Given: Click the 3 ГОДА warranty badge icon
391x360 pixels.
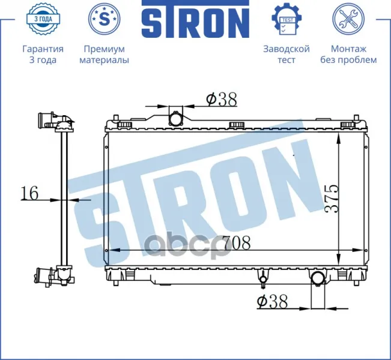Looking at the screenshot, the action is (43, 19).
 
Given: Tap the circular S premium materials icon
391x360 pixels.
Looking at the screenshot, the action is (105, 19).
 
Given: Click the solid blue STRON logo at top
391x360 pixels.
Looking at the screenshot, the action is (195, 19).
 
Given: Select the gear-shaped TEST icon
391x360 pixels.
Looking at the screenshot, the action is (286, 19).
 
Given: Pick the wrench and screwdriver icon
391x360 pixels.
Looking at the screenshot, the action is (348, 19).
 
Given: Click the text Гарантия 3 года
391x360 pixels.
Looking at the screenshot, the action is (43, 55).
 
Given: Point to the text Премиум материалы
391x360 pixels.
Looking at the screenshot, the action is (105, 55).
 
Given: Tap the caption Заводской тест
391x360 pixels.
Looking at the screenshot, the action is (286, 55).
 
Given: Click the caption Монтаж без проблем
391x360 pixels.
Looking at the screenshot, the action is (348, 55).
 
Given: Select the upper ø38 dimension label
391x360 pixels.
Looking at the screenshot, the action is (222, 100).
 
